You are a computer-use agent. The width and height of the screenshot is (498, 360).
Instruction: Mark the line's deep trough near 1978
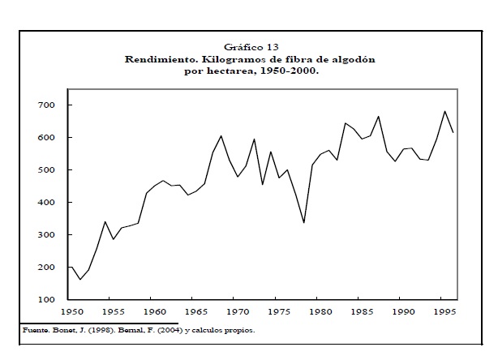(303, 222)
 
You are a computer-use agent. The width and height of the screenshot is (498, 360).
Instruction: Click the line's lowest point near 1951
(79, 280)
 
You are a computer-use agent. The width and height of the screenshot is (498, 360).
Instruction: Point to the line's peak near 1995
(444, 111)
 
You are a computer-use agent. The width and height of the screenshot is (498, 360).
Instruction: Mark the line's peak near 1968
(221, 135)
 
